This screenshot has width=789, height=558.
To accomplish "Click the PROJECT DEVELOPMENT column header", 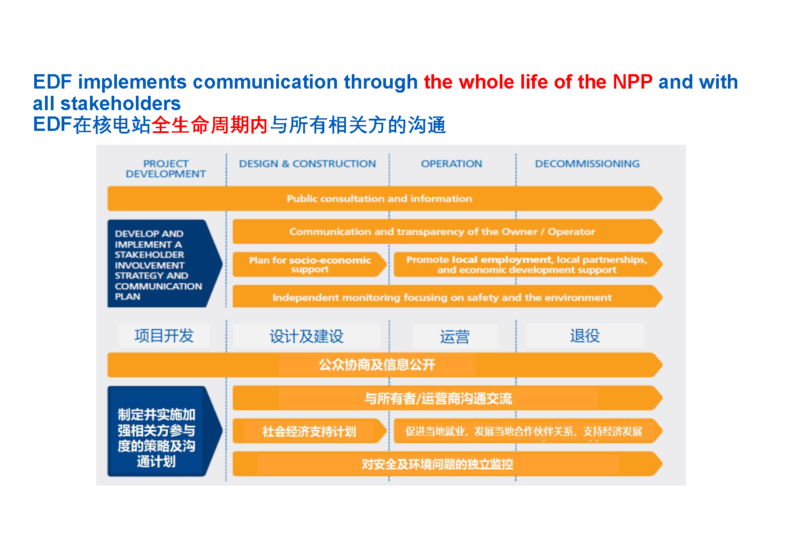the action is (166, 169).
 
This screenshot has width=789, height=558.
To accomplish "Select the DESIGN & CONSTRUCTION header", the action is (307, 164).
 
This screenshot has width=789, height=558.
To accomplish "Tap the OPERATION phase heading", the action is (451, 164).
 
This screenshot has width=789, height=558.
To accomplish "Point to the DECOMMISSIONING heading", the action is (587, 164).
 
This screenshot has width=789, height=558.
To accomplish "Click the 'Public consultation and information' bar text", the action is (380, 198).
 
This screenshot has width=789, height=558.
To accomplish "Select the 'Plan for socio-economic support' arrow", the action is (310, 264).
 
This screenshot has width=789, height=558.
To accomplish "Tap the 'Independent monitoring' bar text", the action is (442, 297).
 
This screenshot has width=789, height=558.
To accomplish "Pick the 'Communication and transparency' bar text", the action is (442, 232).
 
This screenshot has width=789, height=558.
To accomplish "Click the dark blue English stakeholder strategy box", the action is (165, 263).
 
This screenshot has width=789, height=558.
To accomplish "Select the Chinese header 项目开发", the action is (164, 335).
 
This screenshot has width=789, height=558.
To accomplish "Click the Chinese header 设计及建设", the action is (306, 336).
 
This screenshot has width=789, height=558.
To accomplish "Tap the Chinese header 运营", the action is (455, 336).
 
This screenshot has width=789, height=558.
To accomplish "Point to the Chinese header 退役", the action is (585, 335).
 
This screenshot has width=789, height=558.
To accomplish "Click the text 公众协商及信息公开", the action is (377, 364).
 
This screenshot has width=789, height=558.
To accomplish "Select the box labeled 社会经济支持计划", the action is (310, 431).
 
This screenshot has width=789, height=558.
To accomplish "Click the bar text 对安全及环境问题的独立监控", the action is (437, 464).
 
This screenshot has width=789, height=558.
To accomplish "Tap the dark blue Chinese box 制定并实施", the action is (165, 431).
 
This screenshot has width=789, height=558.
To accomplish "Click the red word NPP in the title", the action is (632, 82).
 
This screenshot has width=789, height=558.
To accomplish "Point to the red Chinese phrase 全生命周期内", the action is (210, 125).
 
